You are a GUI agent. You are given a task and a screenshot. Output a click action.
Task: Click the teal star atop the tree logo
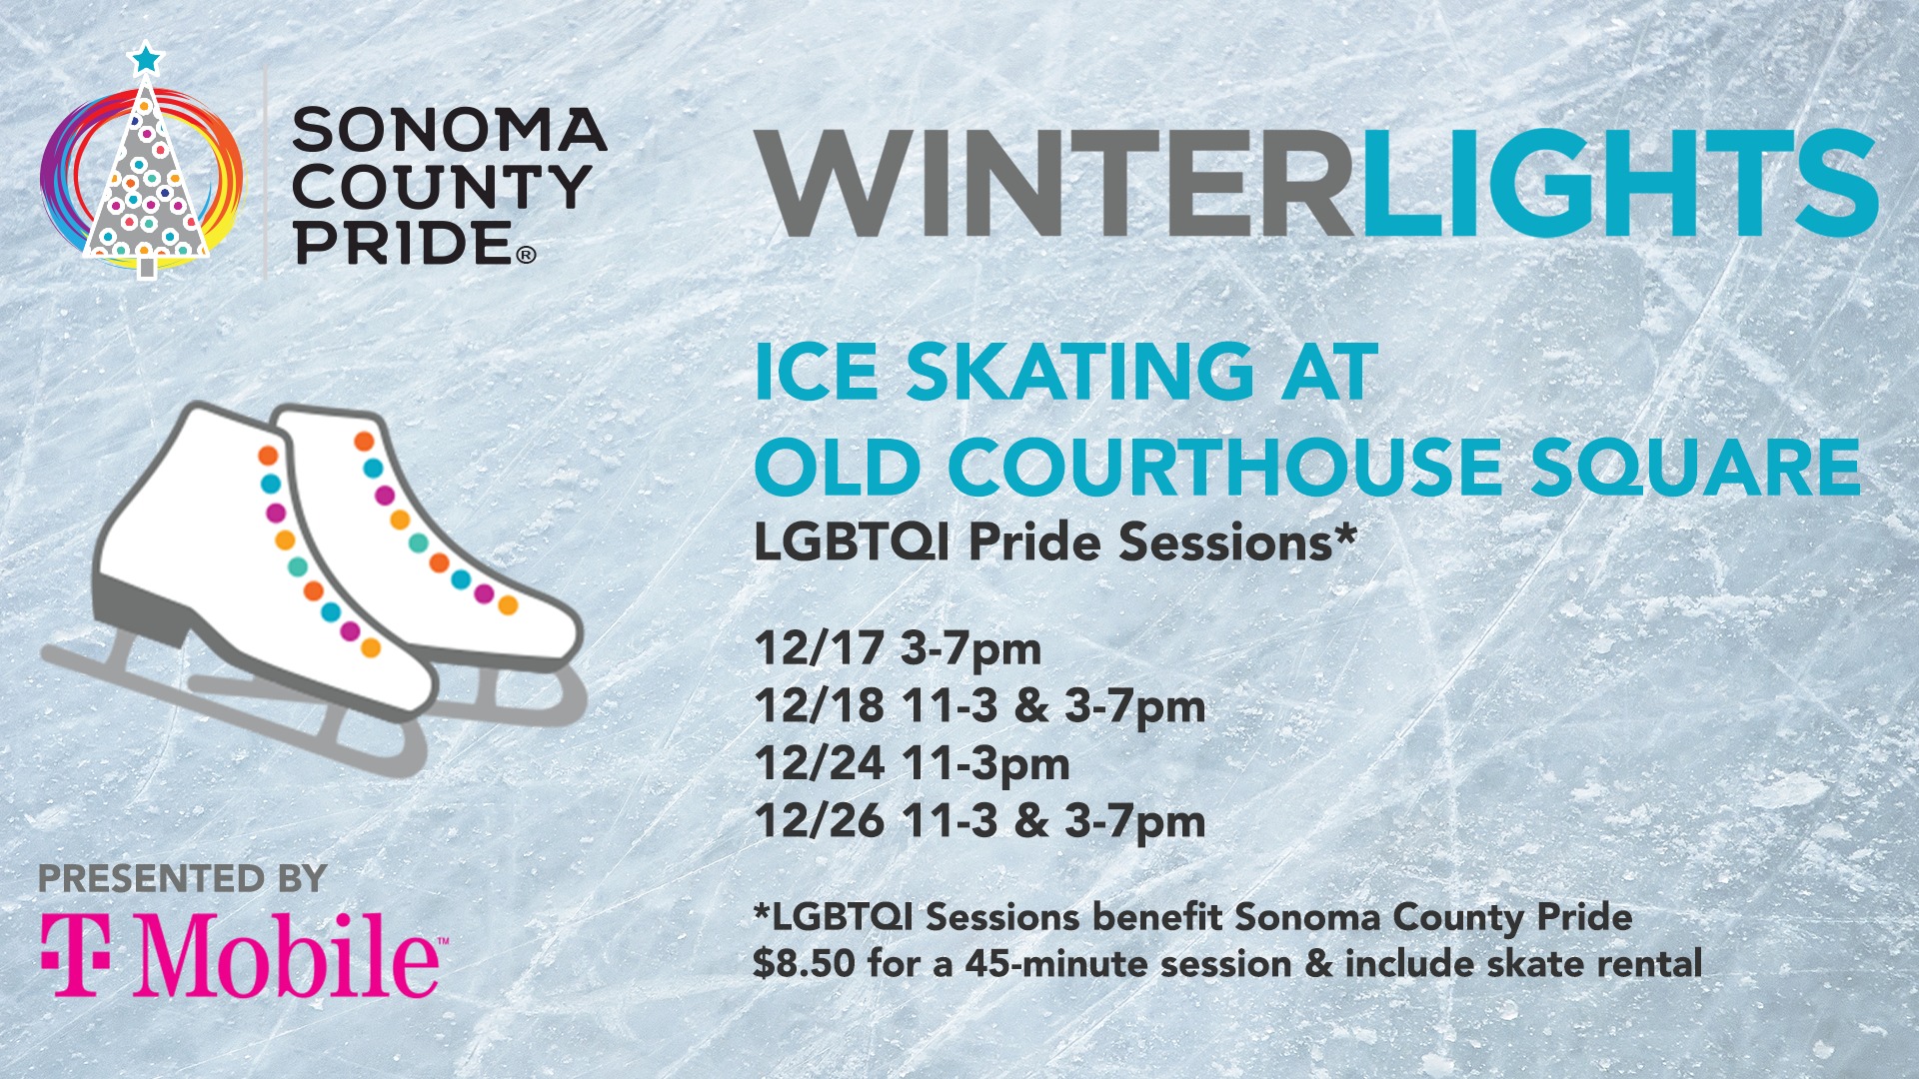(x=146, y=59)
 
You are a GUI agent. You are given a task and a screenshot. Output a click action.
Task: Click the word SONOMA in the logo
(x=450, y=130)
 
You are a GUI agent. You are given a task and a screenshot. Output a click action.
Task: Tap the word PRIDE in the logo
(x=403, y=243)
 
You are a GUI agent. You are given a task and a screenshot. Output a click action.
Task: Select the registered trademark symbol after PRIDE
(x=526, y=256)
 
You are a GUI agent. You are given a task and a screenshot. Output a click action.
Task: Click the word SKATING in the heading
(x=1079, y=372)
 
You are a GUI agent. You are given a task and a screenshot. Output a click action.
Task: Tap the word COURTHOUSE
(x=1224, y=466)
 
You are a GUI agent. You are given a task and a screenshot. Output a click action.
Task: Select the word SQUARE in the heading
(x=1696, y=468)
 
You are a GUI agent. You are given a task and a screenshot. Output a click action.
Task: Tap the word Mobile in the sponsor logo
(x=288, y=954)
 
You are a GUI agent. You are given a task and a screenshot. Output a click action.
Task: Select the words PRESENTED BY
(x=183, y=879)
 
